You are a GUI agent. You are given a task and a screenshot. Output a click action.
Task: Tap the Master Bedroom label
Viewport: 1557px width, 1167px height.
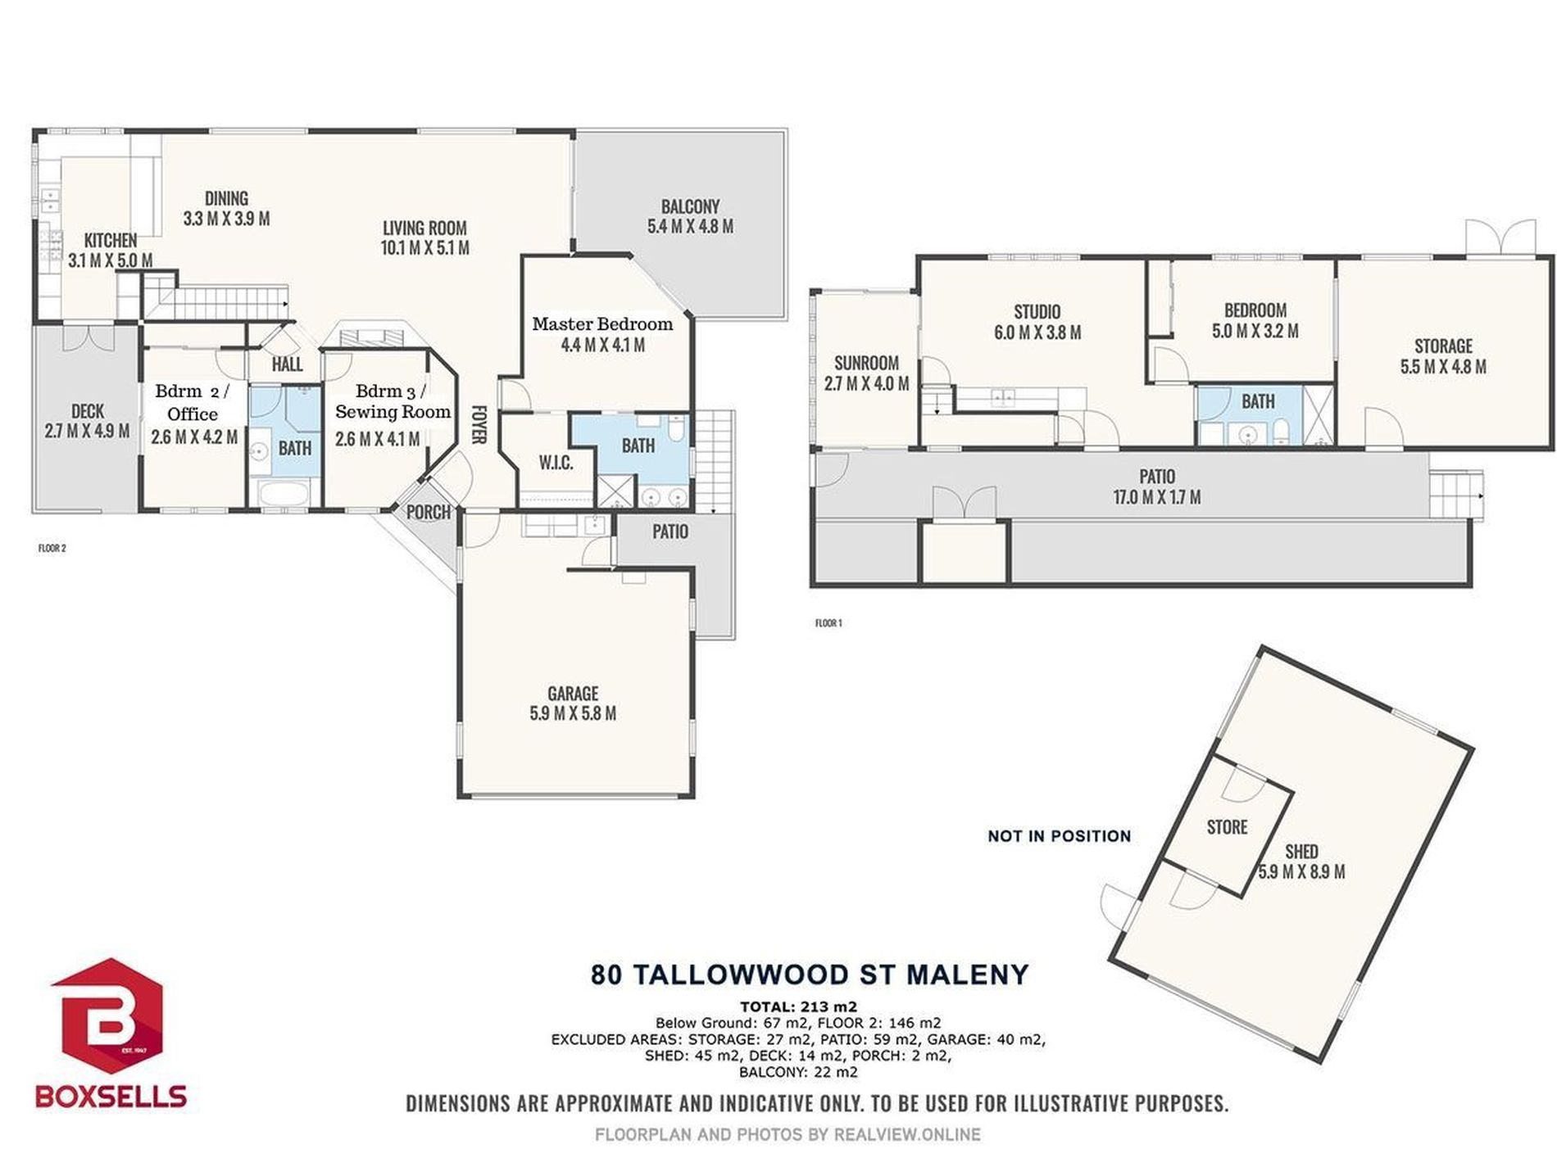click(x=602, y=323)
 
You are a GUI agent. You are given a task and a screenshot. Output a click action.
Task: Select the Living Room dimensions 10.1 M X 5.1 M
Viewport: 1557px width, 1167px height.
click(x=425, y=247)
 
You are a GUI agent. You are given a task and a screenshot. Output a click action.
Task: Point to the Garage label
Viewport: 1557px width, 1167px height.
click(x=573, y=694)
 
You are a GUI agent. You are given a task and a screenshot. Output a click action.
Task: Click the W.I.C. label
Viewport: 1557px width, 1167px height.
click(x=556, y=463)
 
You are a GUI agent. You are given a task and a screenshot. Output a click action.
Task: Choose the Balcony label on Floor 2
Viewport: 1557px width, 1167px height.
click(x=690, y=206)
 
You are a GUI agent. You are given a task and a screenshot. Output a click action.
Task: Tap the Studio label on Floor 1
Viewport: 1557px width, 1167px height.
click(x=1037, y=312)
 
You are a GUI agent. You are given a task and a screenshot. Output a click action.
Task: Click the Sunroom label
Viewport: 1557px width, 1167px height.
click(x=866, y=363)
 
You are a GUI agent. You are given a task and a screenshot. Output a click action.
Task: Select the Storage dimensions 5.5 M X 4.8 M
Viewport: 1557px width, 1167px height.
click(x=1443, y=366)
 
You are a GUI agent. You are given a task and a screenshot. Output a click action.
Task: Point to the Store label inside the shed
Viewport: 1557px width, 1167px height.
click(x=1227, y=827)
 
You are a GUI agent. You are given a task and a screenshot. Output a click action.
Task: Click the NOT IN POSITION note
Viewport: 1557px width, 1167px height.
click(x=1059, y=836)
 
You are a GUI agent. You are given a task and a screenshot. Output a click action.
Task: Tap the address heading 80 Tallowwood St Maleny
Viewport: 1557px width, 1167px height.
click(x=810, y=975)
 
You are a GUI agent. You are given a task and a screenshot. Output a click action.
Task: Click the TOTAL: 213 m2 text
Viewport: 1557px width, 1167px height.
click(x=798, y=1006)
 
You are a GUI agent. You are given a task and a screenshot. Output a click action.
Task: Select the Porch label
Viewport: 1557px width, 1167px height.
click(x=429, y=513)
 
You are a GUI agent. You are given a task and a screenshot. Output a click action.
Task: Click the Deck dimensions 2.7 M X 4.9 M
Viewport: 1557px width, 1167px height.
click(x=87, y=431)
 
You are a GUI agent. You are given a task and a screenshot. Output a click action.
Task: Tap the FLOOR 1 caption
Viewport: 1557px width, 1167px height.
click(x=828, y=623)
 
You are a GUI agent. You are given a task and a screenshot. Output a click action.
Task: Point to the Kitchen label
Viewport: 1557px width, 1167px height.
click(x=111, y=241)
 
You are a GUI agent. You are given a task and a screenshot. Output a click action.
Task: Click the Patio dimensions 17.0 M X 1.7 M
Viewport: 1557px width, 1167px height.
click(x=1156, y=496)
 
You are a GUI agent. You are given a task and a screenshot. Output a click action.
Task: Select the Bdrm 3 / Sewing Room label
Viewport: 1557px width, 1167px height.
click(x=393, y=401)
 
